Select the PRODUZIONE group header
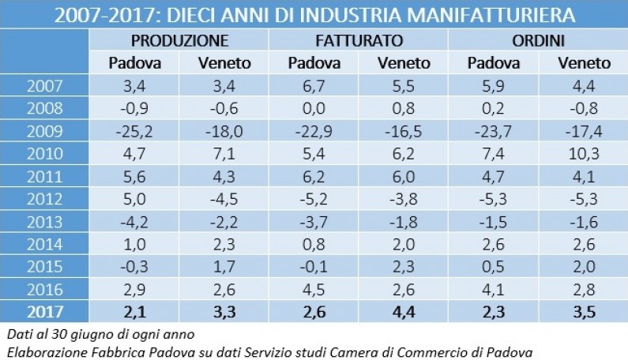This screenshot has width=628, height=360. tap(179, 40)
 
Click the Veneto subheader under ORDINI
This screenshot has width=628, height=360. tap(584, 63)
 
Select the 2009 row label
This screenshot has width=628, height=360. tap(47, 129)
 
